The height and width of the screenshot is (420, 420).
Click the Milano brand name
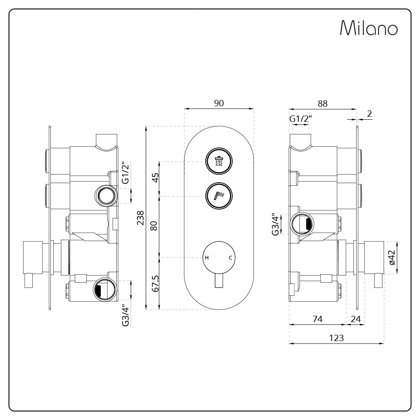369,28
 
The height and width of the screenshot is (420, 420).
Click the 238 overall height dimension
140,218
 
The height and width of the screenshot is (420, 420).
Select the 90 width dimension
219,103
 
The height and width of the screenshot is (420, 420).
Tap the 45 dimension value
155,178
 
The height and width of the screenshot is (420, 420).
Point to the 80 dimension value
154,226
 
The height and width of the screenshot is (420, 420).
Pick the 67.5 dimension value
155,283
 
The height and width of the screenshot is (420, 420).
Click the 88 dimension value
323,103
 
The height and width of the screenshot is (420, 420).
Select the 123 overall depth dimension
336,338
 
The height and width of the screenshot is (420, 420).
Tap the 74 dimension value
318,319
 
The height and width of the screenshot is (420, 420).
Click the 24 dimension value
356,319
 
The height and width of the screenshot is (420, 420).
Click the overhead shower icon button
219,161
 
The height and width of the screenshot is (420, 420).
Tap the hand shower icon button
219,196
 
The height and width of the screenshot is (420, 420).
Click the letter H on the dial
207,258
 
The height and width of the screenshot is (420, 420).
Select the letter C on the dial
230,258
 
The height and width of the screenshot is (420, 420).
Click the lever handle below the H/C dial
219,281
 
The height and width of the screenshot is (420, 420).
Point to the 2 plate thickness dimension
370,114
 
